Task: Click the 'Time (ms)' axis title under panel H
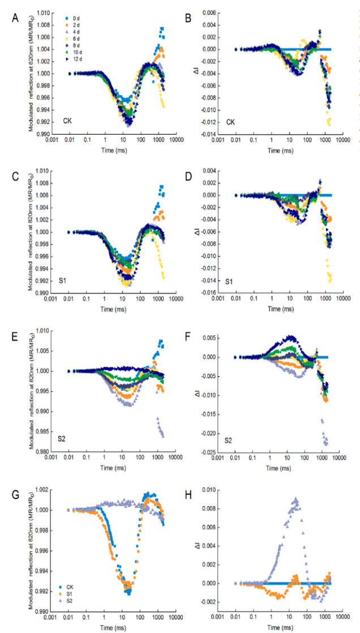pyautogui.click(x=281, y=627)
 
